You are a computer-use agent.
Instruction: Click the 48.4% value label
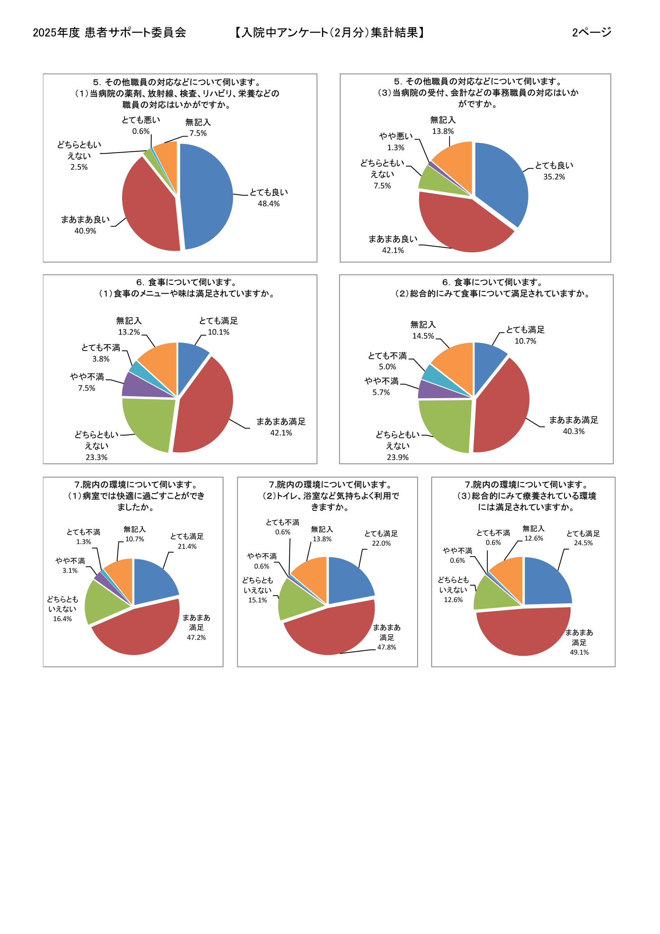point(268,204)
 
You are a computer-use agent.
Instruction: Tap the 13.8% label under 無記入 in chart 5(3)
point(443,131)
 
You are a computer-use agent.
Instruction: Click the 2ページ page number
point(591,32)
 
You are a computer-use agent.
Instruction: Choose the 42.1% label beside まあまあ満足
point(281,432)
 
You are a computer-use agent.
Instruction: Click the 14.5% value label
point(423,335)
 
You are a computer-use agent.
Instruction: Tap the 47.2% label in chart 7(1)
point(196,637)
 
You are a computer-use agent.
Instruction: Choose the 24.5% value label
point(583,542)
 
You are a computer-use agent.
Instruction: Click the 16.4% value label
point(62,619)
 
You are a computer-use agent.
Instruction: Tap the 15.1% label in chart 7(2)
point(257,600)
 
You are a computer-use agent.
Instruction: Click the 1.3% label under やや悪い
point(395,147)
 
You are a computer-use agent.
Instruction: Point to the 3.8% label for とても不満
point(100,358)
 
